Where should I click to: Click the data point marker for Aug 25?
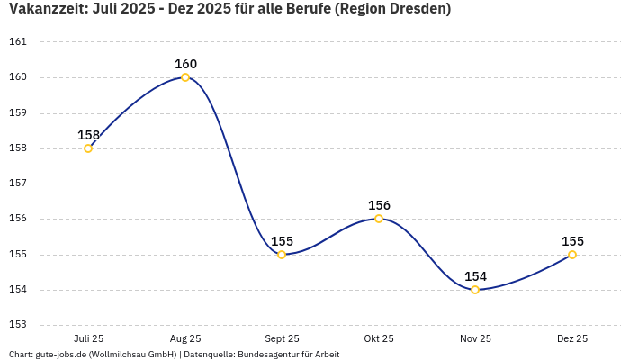pyautogui.click(x=185, y=77)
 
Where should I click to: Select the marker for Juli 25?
pyautogui.click(x=88, y=148)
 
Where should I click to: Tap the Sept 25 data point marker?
pyautogui.click(x=282, y=255)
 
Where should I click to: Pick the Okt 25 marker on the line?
pyautogui.click(x=379, y=219)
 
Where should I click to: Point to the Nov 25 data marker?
pyautogui.click(x=475, y=290)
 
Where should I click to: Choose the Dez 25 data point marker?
pyautogui.click(x=572, y=255)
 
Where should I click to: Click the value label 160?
pyautogui.click(x=185, y=64)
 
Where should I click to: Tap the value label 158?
pyautogui.click(x=88, y=135)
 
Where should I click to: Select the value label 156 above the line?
pyautogui.click(x=379, y=205)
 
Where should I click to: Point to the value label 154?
pyautogui.click(x=475, y=276)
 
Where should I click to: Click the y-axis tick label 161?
pyautogui.click(x=18, y=42)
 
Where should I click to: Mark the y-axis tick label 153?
pyautogui.click(x=18, y=325)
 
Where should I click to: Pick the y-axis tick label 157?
pyautogui.click(x=18, y=184)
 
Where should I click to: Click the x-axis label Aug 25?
pyautogui.click(x=185, y=338)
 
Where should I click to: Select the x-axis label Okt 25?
pyautogui.click(x=379, y=338)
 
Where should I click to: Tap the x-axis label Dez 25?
pyautogui.click(x=572, y=338)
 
